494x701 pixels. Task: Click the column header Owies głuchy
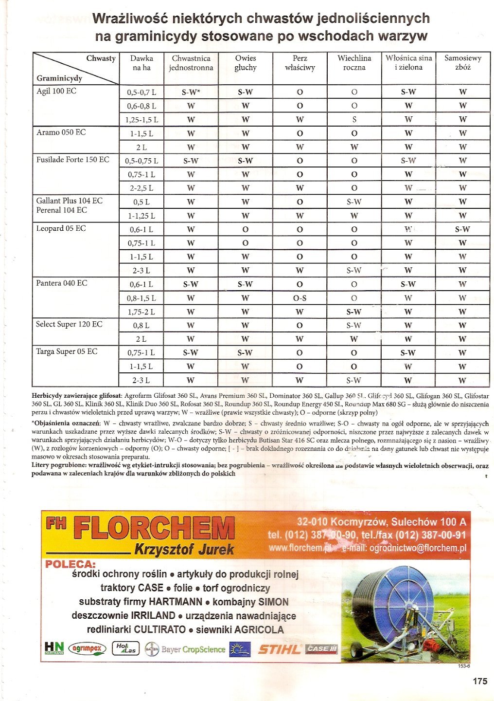pos(246,63)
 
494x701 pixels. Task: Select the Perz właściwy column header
pos(300,63)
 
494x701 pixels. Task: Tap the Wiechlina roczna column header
pos(354,63)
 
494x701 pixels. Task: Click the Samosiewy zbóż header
pos(462,63)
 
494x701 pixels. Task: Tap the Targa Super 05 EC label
pos(67,351)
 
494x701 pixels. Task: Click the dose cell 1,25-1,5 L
pos(141,120)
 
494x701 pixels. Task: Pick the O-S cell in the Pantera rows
pos(300,298)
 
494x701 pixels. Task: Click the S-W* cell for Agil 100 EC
pos(191,92)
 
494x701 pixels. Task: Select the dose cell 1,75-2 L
pos(141,312)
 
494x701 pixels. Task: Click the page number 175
pos(479,681)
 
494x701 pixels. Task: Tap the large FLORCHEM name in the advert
pos(154,529)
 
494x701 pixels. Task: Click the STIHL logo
pos(279,649)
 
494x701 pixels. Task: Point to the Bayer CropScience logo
pos(185,649)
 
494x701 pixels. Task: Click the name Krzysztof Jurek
pos(184,550)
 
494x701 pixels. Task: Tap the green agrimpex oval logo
pos(87,648)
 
